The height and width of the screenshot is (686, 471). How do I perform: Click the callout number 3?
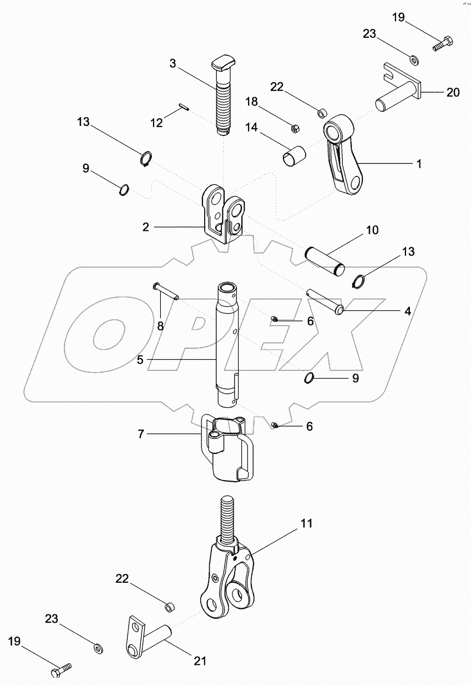(x=173, y=64)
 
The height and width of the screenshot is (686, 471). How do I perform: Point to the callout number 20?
(x=453, y=93)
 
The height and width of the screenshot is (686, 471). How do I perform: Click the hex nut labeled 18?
(x=296, y=129)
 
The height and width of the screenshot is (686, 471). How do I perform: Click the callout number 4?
(x=407, y=312)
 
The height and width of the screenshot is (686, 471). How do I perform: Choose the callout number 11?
(x=307, y=523)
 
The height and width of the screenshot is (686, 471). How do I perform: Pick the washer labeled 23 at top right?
(x=414, y=59)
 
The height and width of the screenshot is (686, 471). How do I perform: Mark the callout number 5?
(x=141, y=360)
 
